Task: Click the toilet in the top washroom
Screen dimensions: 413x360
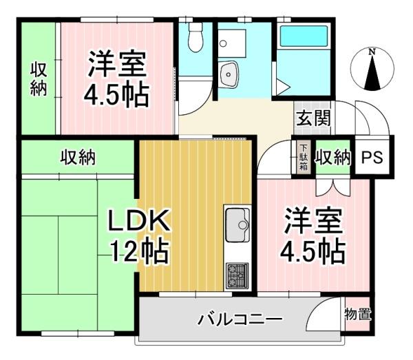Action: click(x=195, y=37)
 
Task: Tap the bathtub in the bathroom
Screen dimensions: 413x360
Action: click(x=304, y=36)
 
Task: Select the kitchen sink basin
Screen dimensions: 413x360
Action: click(x=237, y=225)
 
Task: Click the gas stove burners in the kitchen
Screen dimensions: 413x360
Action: click(x=237, y=275)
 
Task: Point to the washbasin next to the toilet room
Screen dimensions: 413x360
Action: click(x=229, y=74)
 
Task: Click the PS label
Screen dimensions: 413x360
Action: click(x=372, y=157)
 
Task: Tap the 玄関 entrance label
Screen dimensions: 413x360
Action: click(x=313, y=118)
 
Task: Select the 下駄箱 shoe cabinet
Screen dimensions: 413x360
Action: click(x=304, y=157)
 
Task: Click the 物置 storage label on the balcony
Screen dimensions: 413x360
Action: click(x=358, y=315)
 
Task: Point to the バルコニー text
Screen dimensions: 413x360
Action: click(x=240, y=319)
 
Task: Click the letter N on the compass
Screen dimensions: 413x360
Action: click(x=372, y=52)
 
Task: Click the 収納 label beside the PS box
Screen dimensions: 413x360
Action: click(x=333, y=158)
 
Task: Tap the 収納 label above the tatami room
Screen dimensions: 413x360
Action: click(x=78, y=158)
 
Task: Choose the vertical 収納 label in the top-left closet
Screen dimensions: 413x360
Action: click(x=39, y=78)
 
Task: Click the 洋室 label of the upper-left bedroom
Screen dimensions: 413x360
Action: click(x=117, y=64)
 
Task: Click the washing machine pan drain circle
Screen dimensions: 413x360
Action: click(x=223, y=43)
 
